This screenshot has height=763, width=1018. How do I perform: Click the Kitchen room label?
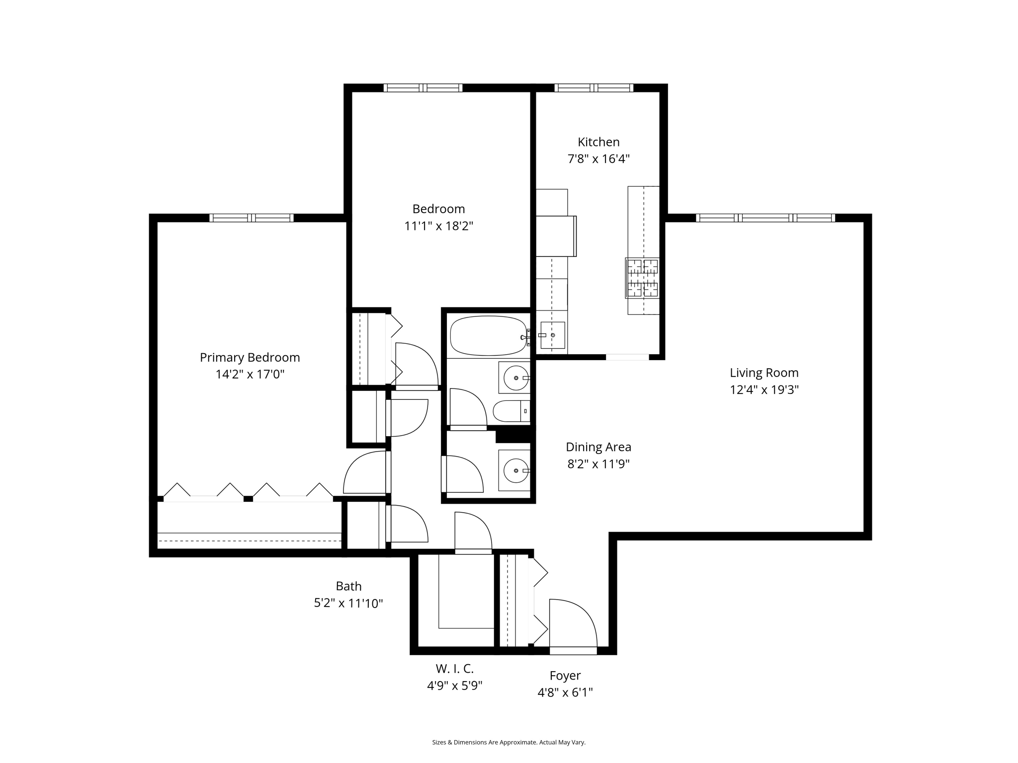tap(598, 142)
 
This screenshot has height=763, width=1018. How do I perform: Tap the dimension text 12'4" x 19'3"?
tap(764, 390)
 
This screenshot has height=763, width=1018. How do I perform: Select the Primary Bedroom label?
tap(250, 358)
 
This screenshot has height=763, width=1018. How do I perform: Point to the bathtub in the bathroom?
tap(488, 336)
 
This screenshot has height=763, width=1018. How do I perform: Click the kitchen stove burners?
tap(642, 278)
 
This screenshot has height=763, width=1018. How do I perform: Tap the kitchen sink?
tap(552, 335)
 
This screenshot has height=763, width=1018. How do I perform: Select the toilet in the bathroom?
tap(511, 411)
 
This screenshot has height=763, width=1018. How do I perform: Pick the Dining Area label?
tap(598, 447)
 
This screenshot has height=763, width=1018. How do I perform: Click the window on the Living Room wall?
tap(765, 218)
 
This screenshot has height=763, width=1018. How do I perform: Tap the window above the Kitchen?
tap(594, 88)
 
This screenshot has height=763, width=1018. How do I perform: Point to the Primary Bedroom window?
tap(252, 218)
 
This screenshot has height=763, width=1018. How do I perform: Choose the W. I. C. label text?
tap(455, 669)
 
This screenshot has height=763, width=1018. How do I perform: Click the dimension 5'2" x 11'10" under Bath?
tap(348, 604)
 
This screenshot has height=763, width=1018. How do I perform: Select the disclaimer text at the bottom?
tap(509, 742)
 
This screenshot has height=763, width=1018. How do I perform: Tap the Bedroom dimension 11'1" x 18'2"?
tap(438, 226)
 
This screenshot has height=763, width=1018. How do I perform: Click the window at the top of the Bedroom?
tap(423, 88)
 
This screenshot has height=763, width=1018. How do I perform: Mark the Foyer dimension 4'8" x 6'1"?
tap(565, 692)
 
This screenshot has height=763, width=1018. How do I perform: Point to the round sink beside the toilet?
tap(516, 379)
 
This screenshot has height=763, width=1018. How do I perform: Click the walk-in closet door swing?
tap(473, 533)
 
